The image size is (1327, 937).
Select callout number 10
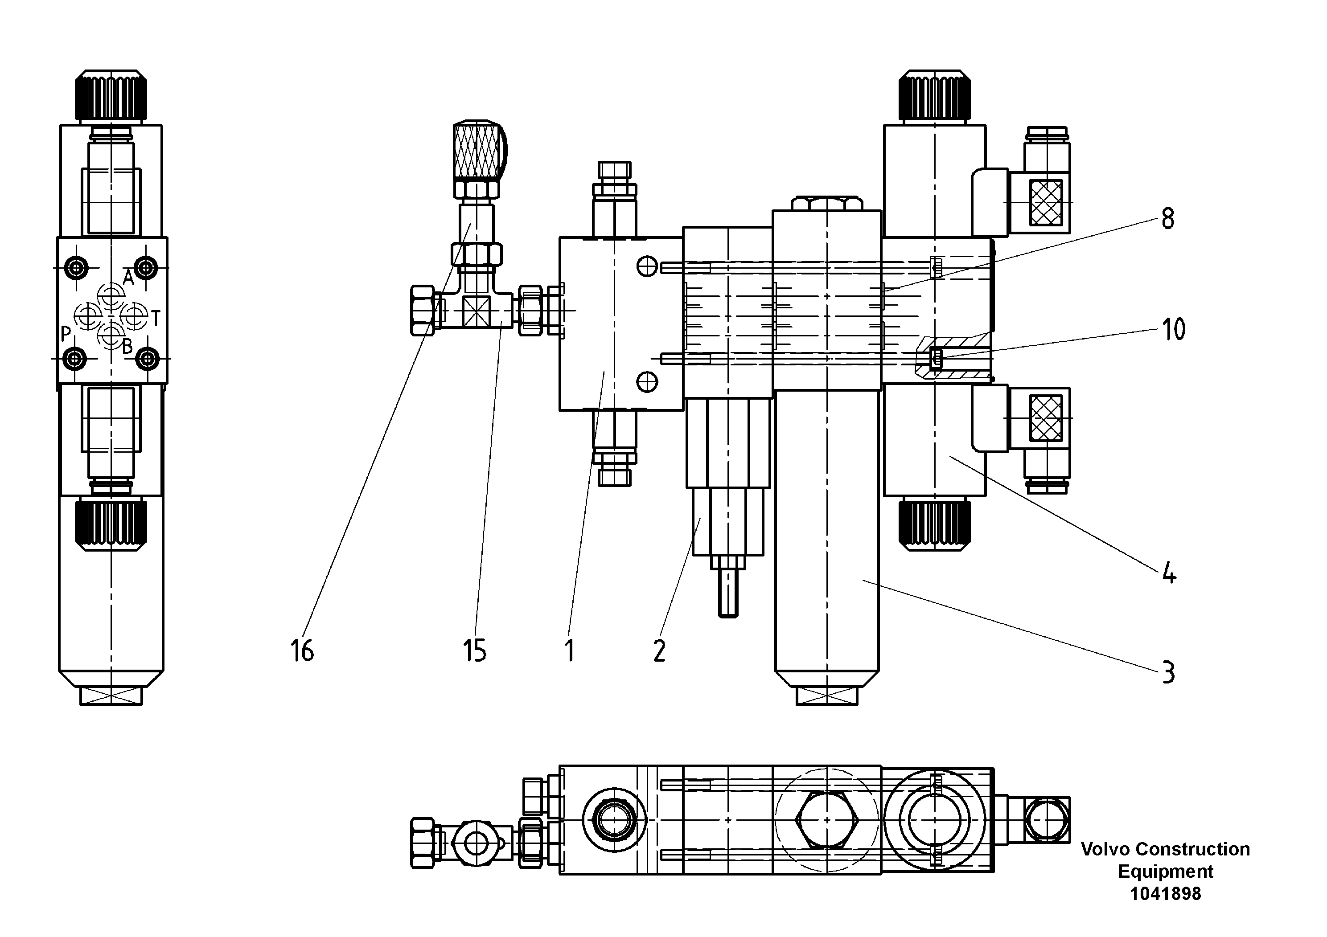(1173, 330)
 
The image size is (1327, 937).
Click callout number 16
(302, 651)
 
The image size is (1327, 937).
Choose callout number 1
(569, 651)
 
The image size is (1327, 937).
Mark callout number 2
(659, 651)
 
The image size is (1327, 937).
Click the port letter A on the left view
(128, 278)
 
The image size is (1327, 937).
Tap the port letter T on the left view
(156, 318)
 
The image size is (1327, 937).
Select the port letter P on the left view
(66, 334)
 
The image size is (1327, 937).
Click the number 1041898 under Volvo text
(1165, 894)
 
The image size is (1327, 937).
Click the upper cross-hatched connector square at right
(1046, 202)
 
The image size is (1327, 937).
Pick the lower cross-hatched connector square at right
(1046, 417)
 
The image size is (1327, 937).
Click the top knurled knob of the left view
(111, 96)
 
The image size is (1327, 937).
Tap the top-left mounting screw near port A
(76, 267)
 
